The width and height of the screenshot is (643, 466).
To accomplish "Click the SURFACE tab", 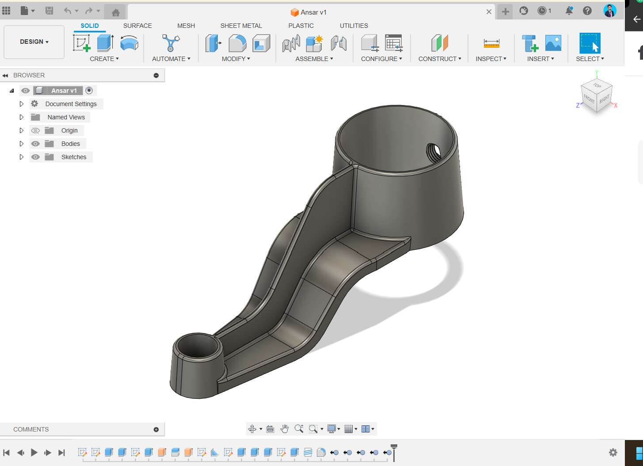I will coord(137,26).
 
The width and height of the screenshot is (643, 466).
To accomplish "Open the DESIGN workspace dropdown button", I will coord(34,42).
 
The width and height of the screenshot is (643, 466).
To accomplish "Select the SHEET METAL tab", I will coord(241,26).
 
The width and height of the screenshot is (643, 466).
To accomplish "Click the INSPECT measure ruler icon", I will coord(491,43).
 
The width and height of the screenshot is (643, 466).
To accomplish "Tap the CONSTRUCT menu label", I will coord(439,59).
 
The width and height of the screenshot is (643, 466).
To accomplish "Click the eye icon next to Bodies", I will coord(35,144).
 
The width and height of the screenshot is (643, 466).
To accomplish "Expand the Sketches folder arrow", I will coord(21,157).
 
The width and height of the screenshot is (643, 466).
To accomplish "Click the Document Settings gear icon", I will coord(34,104).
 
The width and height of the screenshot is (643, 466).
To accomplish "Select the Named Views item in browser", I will coord(66,117).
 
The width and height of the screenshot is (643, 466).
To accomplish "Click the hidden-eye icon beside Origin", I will coord(35,130).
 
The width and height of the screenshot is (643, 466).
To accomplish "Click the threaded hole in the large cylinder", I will coord(434,153).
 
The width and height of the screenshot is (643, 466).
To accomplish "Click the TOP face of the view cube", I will coord(597,85).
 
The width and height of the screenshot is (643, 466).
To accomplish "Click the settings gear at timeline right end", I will coord(613,452).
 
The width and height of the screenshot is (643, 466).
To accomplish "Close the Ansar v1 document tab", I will coord(489,12).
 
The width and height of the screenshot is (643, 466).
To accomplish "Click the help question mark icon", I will coord(587,11).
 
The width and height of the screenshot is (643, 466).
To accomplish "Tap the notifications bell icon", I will coord(569,11).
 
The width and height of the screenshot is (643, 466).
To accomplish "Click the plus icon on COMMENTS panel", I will coord(156,429).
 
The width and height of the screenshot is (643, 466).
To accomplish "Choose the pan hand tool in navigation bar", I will coord(285,429).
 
